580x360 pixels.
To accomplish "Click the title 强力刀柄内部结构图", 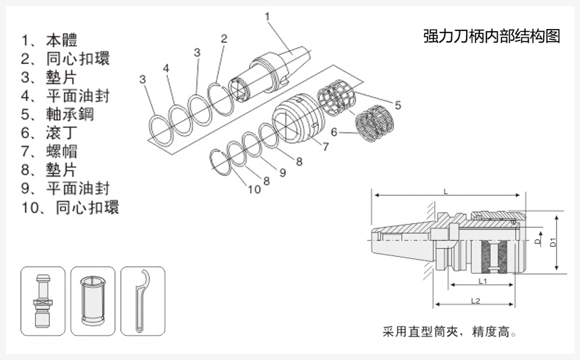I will [x=492, y=36].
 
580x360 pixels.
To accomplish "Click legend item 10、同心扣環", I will [x=70, y=207].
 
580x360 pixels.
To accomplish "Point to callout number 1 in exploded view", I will [x=268, y=15].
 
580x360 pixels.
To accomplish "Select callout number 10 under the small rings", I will [x=254, y=189].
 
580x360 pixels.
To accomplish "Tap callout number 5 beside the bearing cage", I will [x=397, y=105].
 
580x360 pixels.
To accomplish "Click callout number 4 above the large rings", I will [x=166, y=67].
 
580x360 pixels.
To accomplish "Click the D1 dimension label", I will [x=552, y=242].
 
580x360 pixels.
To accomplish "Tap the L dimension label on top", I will [x=446, y=191].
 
